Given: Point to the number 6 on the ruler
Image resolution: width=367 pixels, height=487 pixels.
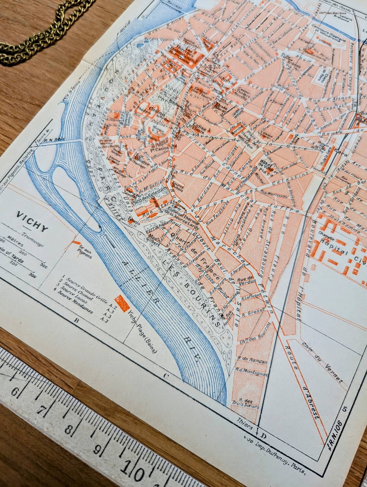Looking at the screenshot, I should click(15, 391).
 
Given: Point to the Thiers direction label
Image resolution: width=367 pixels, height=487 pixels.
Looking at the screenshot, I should click(246, 430).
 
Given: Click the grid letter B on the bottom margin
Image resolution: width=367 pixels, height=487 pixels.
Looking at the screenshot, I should click(77, 321).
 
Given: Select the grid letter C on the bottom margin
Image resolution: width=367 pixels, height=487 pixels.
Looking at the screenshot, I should click(166, 377).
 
